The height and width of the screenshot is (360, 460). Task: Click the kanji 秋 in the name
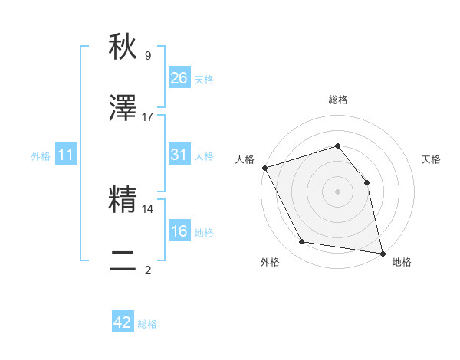click(123, 47)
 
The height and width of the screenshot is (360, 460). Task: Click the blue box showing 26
click(179, 77)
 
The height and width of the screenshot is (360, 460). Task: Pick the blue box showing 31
click(179, 155)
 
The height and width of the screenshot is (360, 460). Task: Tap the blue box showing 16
click(179, 231)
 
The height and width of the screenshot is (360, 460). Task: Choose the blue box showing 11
click(66, 155)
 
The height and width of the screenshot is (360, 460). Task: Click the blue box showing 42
click(123, 322)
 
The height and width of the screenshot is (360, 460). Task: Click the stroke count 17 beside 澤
click(148, 117)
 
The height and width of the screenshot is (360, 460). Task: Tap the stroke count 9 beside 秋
click(148, 56)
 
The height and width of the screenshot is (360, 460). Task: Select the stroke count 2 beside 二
click(148, 270)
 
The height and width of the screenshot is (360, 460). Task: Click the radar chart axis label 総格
click(338, 100)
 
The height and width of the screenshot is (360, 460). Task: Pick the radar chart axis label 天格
click(432, 159)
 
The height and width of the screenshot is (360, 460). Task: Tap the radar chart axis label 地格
click(402, 262)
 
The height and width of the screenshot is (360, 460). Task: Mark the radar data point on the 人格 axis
click(264, 168)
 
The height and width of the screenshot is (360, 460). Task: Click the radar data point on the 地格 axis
click(383, 253)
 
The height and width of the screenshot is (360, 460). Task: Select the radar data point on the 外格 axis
click(302, 243)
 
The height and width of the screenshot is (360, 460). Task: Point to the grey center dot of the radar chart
click(338, 191)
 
